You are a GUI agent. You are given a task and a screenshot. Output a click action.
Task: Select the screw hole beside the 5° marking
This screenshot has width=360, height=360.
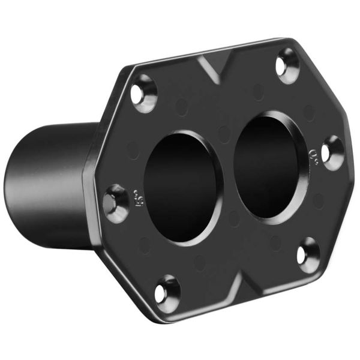(x=115, y=203)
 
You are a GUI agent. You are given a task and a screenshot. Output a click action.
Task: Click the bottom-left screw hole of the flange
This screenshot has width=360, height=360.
(x=167, y=292)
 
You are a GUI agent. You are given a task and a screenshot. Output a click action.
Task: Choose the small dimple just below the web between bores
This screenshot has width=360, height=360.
(x=235, y=219)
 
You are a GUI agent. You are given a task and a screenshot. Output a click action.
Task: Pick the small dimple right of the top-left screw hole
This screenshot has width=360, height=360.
(x=180, y=108)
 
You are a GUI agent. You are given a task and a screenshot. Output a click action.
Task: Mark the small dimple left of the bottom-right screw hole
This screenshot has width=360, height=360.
(x=275, y=243)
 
